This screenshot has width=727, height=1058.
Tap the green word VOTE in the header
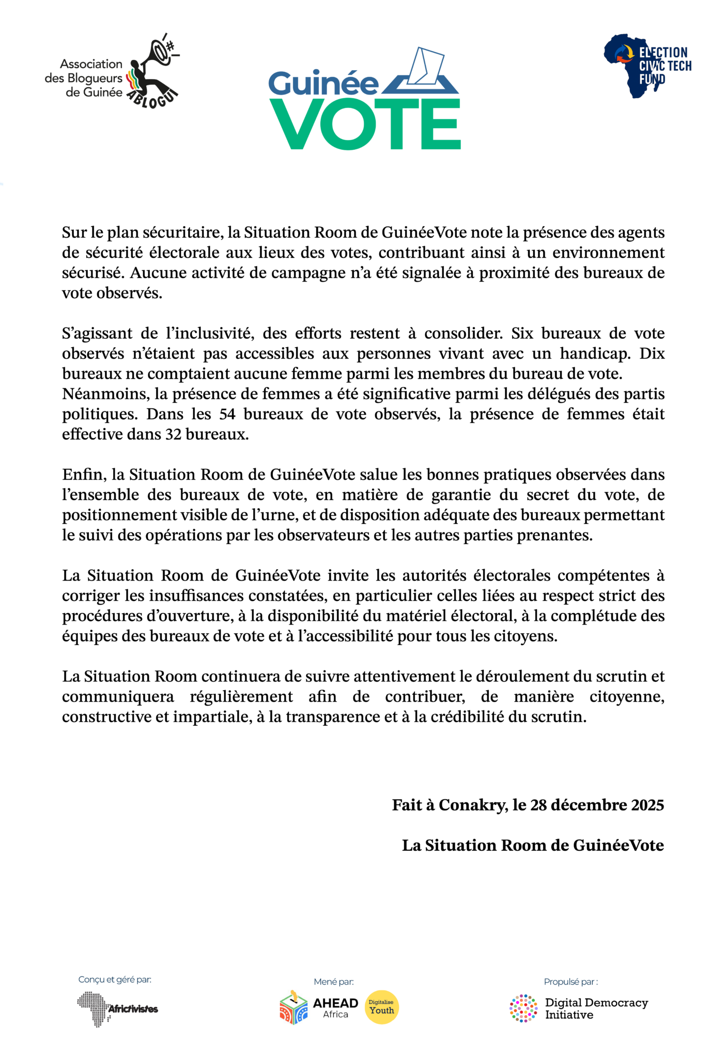click(x=365, y=124)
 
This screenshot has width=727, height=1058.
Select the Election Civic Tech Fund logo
click(x=647, y=66)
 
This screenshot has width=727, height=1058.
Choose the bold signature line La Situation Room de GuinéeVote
click(x=533, y=845)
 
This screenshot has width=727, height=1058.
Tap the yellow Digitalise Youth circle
click(x=381, y=1007)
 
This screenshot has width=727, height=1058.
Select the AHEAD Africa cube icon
click(x=293, y=1008)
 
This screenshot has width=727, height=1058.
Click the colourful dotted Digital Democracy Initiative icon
click(x=523, y=1008)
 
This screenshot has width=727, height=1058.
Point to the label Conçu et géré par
click(x=115, y=979)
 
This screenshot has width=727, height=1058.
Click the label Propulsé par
click(x=570, y=982)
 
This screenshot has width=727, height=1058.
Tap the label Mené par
click(x=334, y=982)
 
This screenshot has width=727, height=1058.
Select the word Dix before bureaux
click(x=652, y=354)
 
